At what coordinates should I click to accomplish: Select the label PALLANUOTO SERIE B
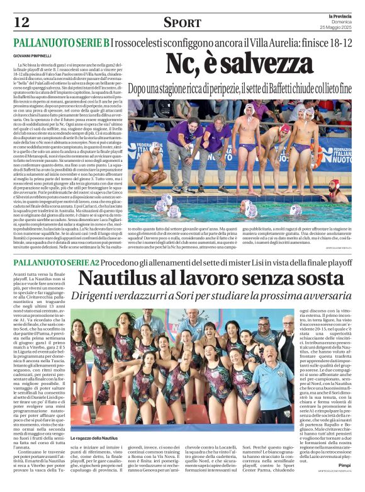61,43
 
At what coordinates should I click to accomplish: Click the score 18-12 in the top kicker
337,43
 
